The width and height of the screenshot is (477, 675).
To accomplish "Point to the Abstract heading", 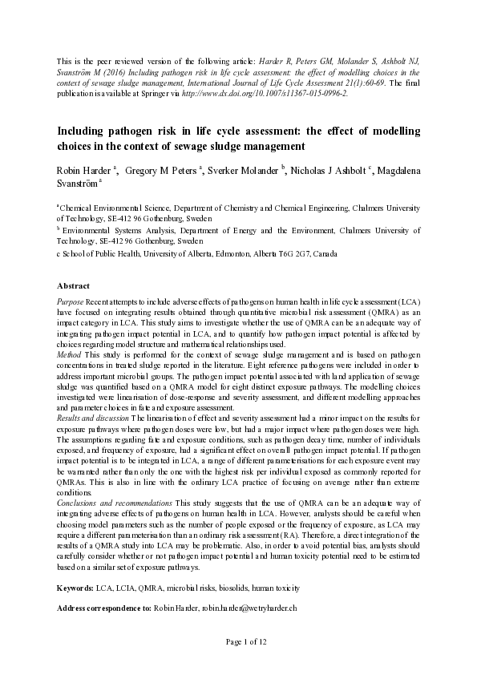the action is click(x=73, y=285).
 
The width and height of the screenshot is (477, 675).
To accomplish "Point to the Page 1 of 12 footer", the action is click(x=238, y=665).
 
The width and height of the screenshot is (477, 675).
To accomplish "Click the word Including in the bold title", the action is click(x=84, y=130).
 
